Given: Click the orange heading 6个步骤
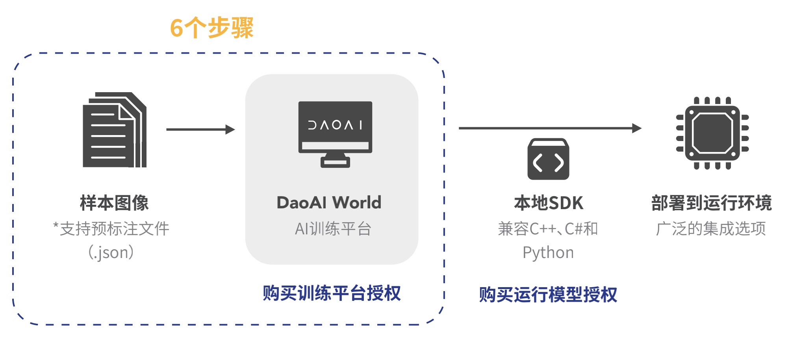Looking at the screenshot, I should tap(211, 28).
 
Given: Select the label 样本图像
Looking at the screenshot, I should tap(114, 203).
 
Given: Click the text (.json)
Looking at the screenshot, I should tap(111, 252).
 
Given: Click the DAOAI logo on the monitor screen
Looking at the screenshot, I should tap(335, 125).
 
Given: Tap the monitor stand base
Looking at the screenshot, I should tap(335, 162).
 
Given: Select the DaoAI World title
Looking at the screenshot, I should tap(329, 203).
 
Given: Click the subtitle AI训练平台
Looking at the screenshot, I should tap(333, 228).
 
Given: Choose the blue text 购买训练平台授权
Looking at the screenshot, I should tap(332, 293).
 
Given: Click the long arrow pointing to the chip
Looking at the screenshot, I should tap(549, 128).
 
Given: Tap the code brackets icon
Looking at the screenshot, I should tap(548, 160).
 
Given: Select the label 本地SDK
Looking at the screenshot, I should tap(548, 203).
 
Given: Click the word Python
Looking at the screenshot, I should tap(548, 252).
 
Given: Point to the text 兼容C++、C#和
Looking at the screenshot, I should tap(548, 228).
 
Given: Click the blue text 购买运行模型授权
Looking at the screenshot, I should tap(548, 295).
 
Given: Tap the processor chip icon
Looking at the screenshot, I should tap(712, 133).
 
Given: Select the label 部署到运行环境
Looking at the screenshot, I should tap(711, 203).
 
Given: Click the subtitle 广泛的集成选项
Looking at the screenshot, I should tap(711, 228).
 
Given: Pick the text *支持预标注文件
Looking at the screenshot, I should tap(111, 228).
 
